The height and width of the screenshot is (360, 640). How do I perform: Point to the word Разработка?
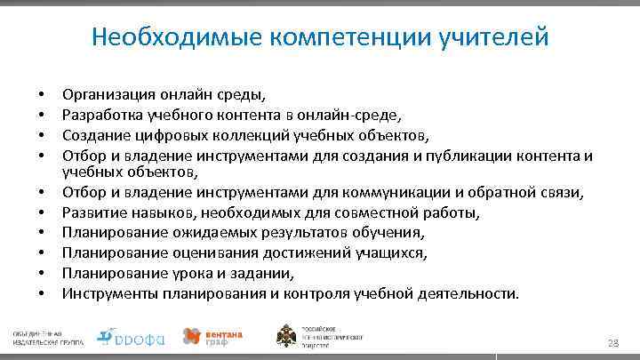(99, 113)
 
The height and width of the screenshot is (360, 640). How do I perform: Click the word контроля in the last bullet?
(334, 292)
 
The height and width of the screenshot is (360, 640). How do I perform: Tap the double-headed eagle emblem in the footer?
(289, 336)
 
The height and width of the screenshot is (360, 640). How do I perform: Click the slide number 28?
(612, 343)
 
